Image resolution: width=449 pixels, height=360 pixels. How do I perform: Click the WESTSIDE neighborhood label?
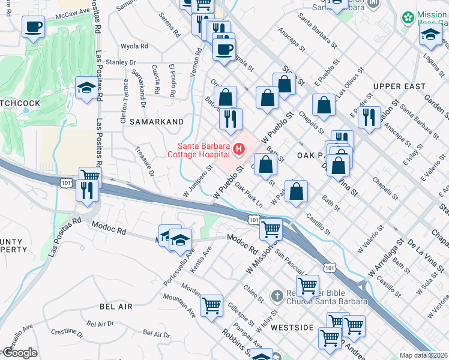pyautogui.click(x=292, y=328)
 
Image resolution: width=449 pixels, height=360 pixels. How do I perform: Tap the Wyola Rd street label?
pyautogui.click(x=134, y=46)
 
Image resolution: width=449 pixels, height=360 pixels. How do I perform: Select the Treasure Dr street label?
pyautogui.click(x=145, y=161)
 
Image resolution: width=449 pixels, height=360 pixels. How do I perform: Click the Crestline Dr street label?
pyautogui.click(x=67, y=331)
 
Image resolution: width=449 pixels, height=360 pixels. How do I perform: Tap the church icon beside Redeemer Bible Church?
pyautogui.click(x=277, y=296)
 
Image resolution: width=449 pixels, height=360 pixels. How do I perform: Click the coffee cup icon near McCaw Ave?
pyautogui.click(x=33, y=26)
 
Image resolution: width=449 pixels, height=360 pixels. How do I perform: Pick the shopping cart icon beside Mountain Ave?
pyautogui.click(x=211, y=305)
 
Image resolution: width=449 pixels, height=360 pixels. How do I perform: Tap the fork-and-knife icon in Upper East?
pyautogui.click(x=369, y=117)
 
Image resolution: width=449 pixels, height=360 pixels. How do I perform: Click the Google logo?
pyautogui.click(x=20, y=353)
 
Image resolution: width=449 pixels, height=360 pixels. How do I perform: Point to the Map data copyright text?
pyautogui.click(x=423, y=355)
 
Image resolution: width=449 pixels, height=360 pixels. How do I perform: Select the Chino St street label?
pyautogui.click(x=253, y=293)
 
